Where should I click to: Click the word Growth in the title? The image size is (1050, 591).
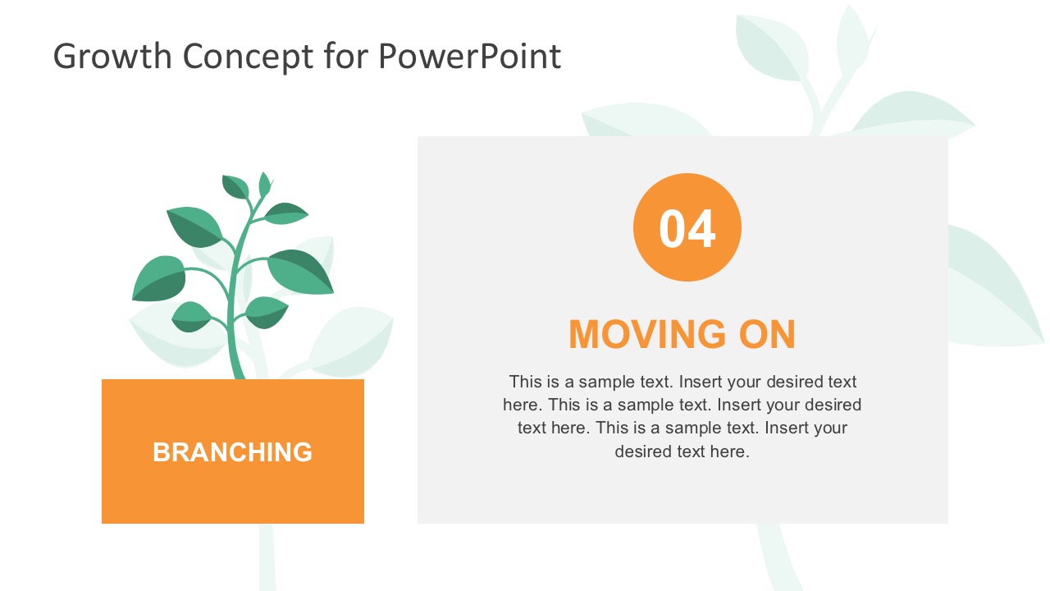pos(112,57)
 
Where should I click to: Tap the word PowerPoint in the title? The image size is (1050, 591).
pos(469,57)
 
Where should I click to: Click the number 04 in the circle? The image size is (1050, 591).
pos(687,228)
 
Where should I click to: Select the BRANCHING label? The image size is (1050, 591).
pos(232,452)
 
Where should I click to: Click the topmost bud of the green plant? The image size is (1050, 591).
pos(264,185)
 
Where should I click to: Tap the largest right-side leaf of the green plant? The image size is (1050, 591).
pos(301,271)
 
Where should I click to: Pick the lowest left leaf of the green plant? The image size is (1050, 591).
pos(191,316)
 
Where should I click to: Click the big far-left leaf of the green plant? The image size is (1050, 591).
pos(159,278)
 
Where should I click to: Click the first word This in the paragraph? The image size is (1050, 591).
pos(525,382)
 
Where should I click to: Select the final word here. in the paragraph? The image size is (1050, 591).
pos(729,451)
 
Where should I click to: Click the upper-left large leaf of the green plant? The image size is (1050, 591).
pos(194,226)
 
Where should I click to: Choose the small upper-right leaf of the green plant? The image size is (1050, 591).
pos(285,213)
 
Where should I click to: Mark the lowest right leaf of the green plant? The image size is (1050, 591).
pos(267,312)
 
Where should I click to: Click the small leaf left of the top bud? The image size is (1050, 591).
pos(235,187)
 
